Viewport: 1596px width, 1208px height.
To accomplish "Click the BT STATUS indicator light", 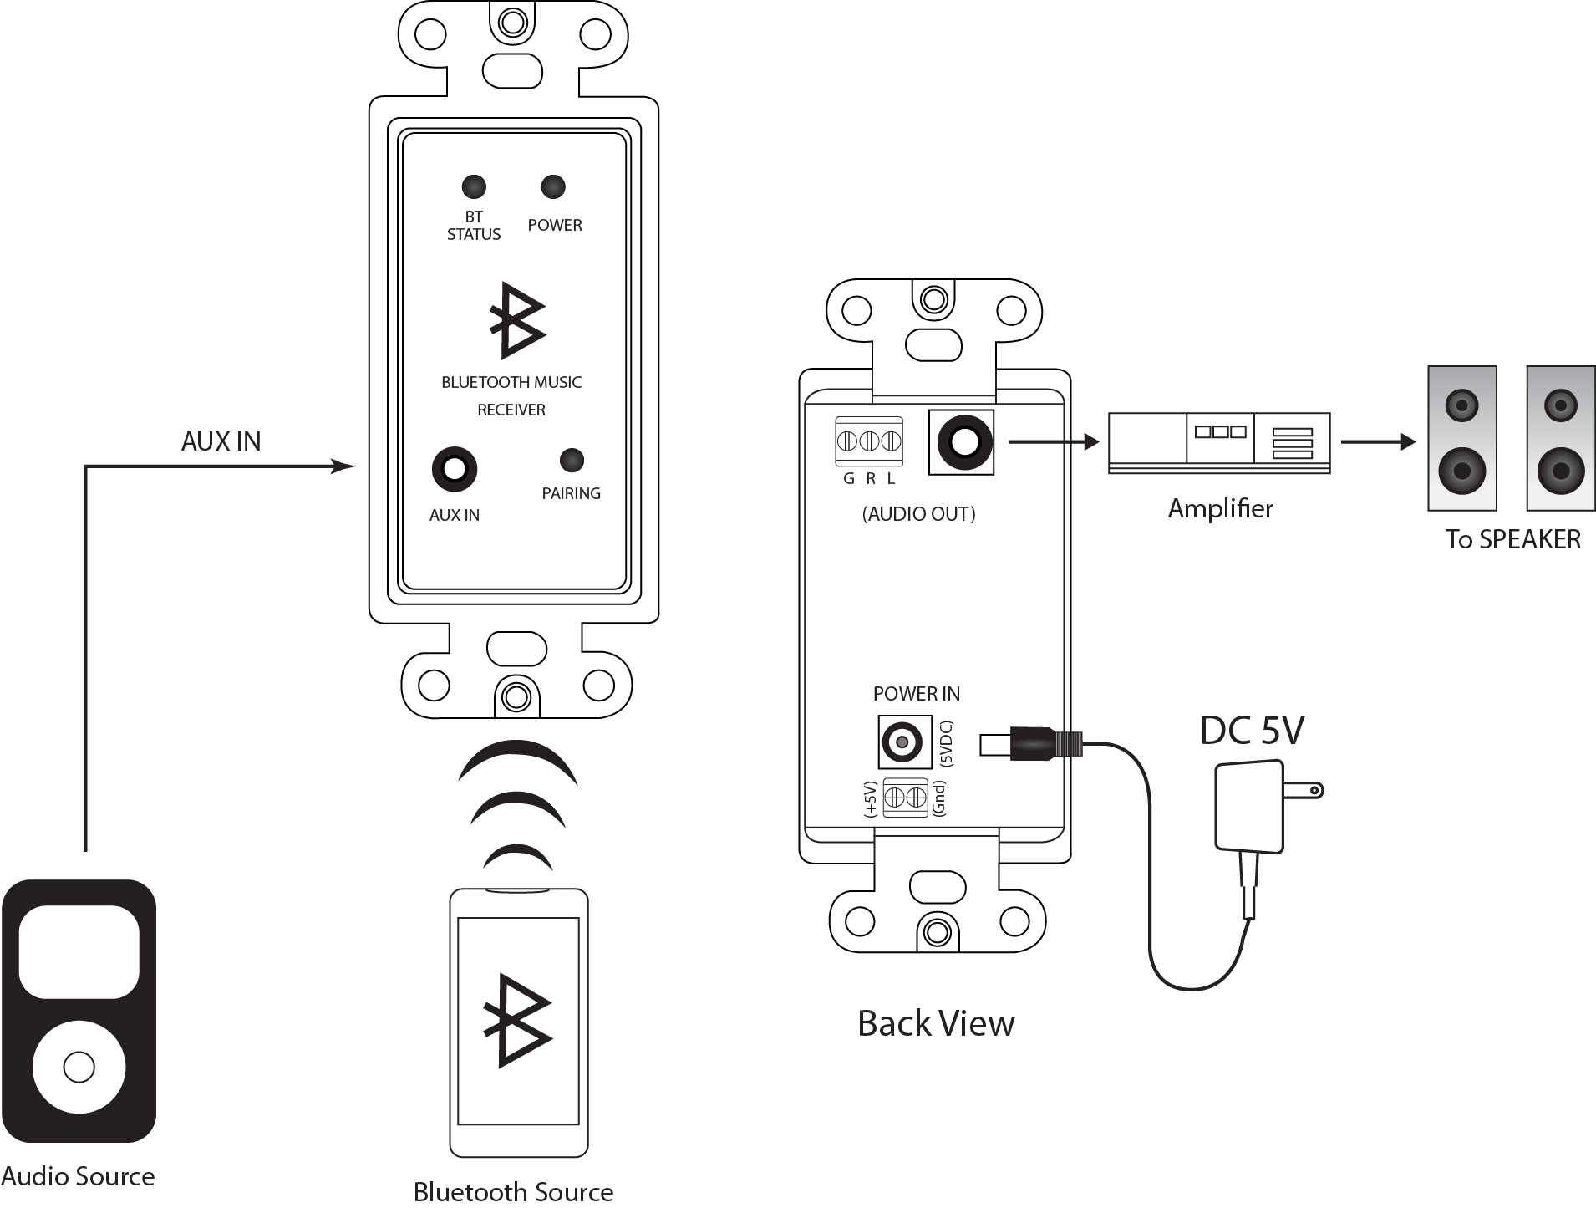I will [474, 186].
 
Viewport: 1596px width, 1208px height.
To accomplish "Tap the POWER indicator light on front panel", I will [553, 186].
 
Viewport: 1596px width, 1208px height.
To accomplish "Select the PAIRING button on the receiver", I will [572, 460].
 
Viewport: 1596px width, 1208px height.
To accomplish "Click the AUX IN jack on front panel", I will [455, 469].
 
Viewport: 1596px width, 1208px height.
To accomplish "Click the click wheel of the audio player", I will [79, 1067].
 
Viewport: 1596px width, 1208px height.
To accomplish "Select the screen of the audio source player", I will [79, 951].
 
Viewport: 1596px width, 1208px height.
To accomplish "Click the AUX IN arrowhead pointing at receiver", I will [343, 466].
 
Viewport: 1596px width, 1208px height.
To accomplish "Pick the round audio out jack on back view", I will [963, 442].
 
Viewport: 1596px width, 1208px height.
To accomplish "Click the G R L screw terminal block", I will [869, 441].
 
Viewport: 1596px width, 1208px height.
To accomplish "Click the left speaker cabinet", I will [1461, 438].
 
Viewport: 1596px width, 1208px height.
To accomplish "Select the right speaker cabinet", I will [1560, 438].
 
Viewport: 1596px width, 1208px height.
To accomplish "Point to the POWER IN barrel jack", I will [903, 742].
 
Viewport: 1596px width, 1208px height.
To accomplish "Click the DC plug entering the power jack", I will [1032, 742].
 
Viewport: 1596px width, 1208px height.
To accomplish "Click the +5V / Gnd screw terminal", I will [905, 797].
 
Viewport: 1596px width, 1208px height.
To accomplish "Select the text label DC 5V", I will [1252, 731].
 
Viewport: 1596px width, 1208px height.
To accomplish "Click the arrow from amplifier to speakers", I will [1379, 442].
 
